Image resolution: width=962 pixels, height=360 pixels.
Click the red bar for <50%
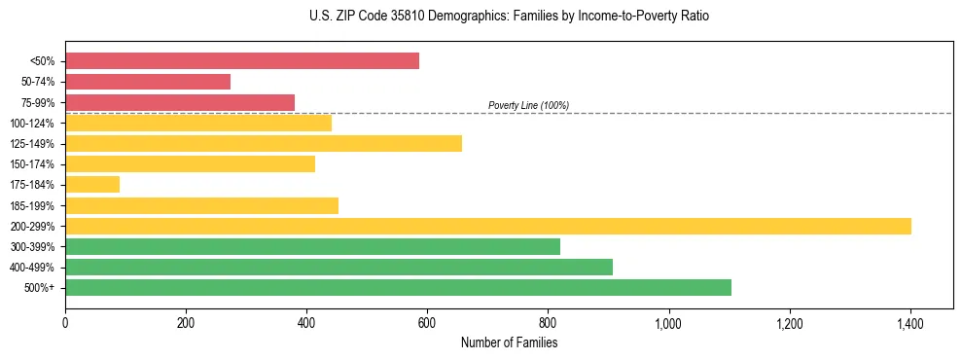pyautogui.click(x=242, y=60)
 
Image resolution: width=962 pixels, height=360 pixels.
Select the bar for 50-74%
pyautogui.click(x=148, y=82)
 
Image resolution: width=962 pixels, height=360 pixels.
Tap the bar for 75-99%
pyautogui.click(x=180, y=102)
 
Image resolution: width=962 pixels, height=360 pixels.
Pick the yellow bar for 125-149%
pyautogui.click(x=264, y=143)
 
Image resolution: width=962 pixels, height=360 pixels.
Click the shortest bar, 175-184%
pyautogui.click(x=92, y=184)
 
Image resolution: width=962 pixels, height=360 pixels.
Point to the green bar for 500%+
pyautogui.click(x=398, y=287)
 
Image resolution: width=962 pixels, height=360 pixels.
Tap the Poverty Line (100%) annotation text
pyautogui.click(x=528, y=105)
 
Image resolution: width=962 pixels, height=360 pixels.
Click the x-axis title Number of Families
pyautogui.click(x=509, y=342)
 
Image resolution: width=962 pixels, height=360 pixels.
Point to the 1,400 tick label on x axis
pyautogui.click(x=909, y=323)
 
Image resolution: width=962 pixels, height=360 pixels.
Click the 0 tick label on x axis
pyautogui.click(x=65, y=323)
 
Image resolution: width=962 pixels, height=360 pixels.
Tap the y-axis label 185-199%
pyautogui.click(x=37, y=205)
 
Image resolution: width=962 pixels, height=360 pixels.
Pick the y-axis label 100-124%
pyautogui.click(x=37, y=123)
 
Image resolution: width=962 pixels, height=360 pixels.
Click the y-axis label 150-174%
pyautogui.click(x=37, y=164)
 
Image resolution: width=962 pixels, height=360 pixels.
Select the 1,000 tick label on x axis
pyautogui.click(x=668, y=323)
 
